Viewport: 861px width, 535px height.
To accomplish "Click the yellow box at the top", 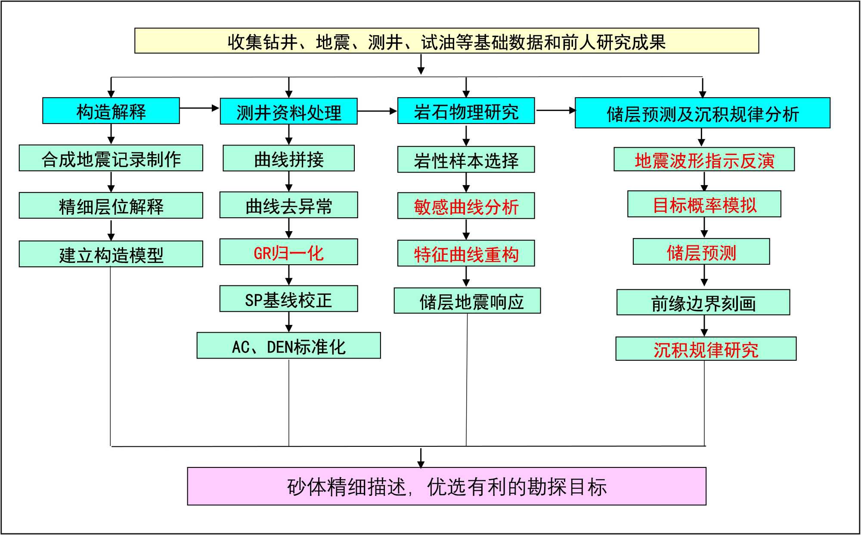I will pos(446,41).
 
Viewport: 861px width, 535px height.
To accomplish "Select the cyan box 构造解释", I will pos(111,111).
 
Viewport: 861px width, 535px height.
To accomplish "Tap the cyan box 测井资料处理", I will pos(288,111).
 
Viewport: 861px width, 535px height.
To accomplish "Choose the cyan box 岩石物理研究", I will pos(466,111).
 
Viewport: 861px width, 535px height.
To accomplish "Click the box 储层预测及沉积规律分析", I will pos(702,113).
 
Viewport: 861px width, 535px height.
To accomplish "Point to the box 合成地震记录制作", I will pos(111,158).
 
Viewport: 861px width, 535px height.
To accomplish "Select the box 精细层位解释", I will pos(111,206).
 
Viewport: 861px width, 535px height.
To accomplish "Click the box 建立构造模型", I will pos(111,254).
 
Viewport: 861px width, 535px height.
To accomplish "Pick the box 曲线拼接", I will pos(288,158).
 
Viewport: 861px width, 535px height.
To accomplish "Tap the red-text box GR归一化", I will pos(288,252).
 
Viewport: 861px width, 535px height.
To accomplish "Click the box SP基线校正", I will pos(288,299).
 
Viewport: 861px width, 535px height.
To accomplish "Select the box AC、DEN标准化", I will pos(288,346).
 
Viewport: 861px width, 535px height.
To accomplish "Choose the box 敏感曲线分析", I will pos(466,206).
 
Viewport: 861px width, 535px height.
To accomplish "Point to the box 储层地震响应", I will pos(467,301).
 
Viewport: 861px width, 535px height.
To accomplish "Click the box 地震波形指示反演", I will pos(704,160).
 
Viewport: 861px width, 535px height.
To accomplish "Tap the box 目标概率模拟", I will pos(704,204).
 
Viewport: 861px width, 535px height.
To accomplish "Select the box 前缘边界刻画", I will pos(703,303).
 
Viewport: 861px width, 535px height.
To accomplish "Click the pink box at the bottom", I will pos(446,486).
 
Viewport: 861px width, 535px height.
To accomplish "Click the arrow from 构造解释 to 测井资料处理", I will pos(199,108).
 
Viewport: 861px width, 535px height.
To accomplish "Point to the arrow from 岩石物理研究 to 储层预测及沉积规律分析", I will pos(555,111).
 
